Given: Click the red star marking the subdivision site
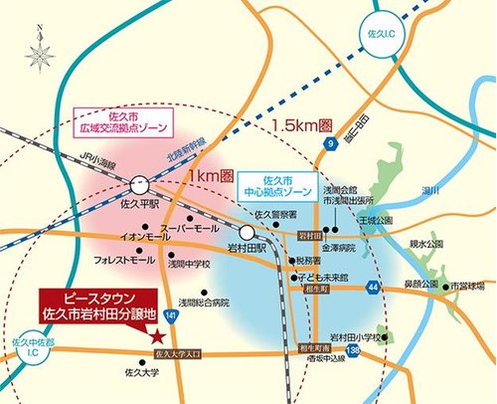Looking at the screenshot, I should tap(159, 336).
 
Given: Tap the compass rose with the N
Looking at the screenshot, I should tap(41, 51).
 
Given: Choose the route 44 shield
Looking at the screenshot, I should tap(371, 287).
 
